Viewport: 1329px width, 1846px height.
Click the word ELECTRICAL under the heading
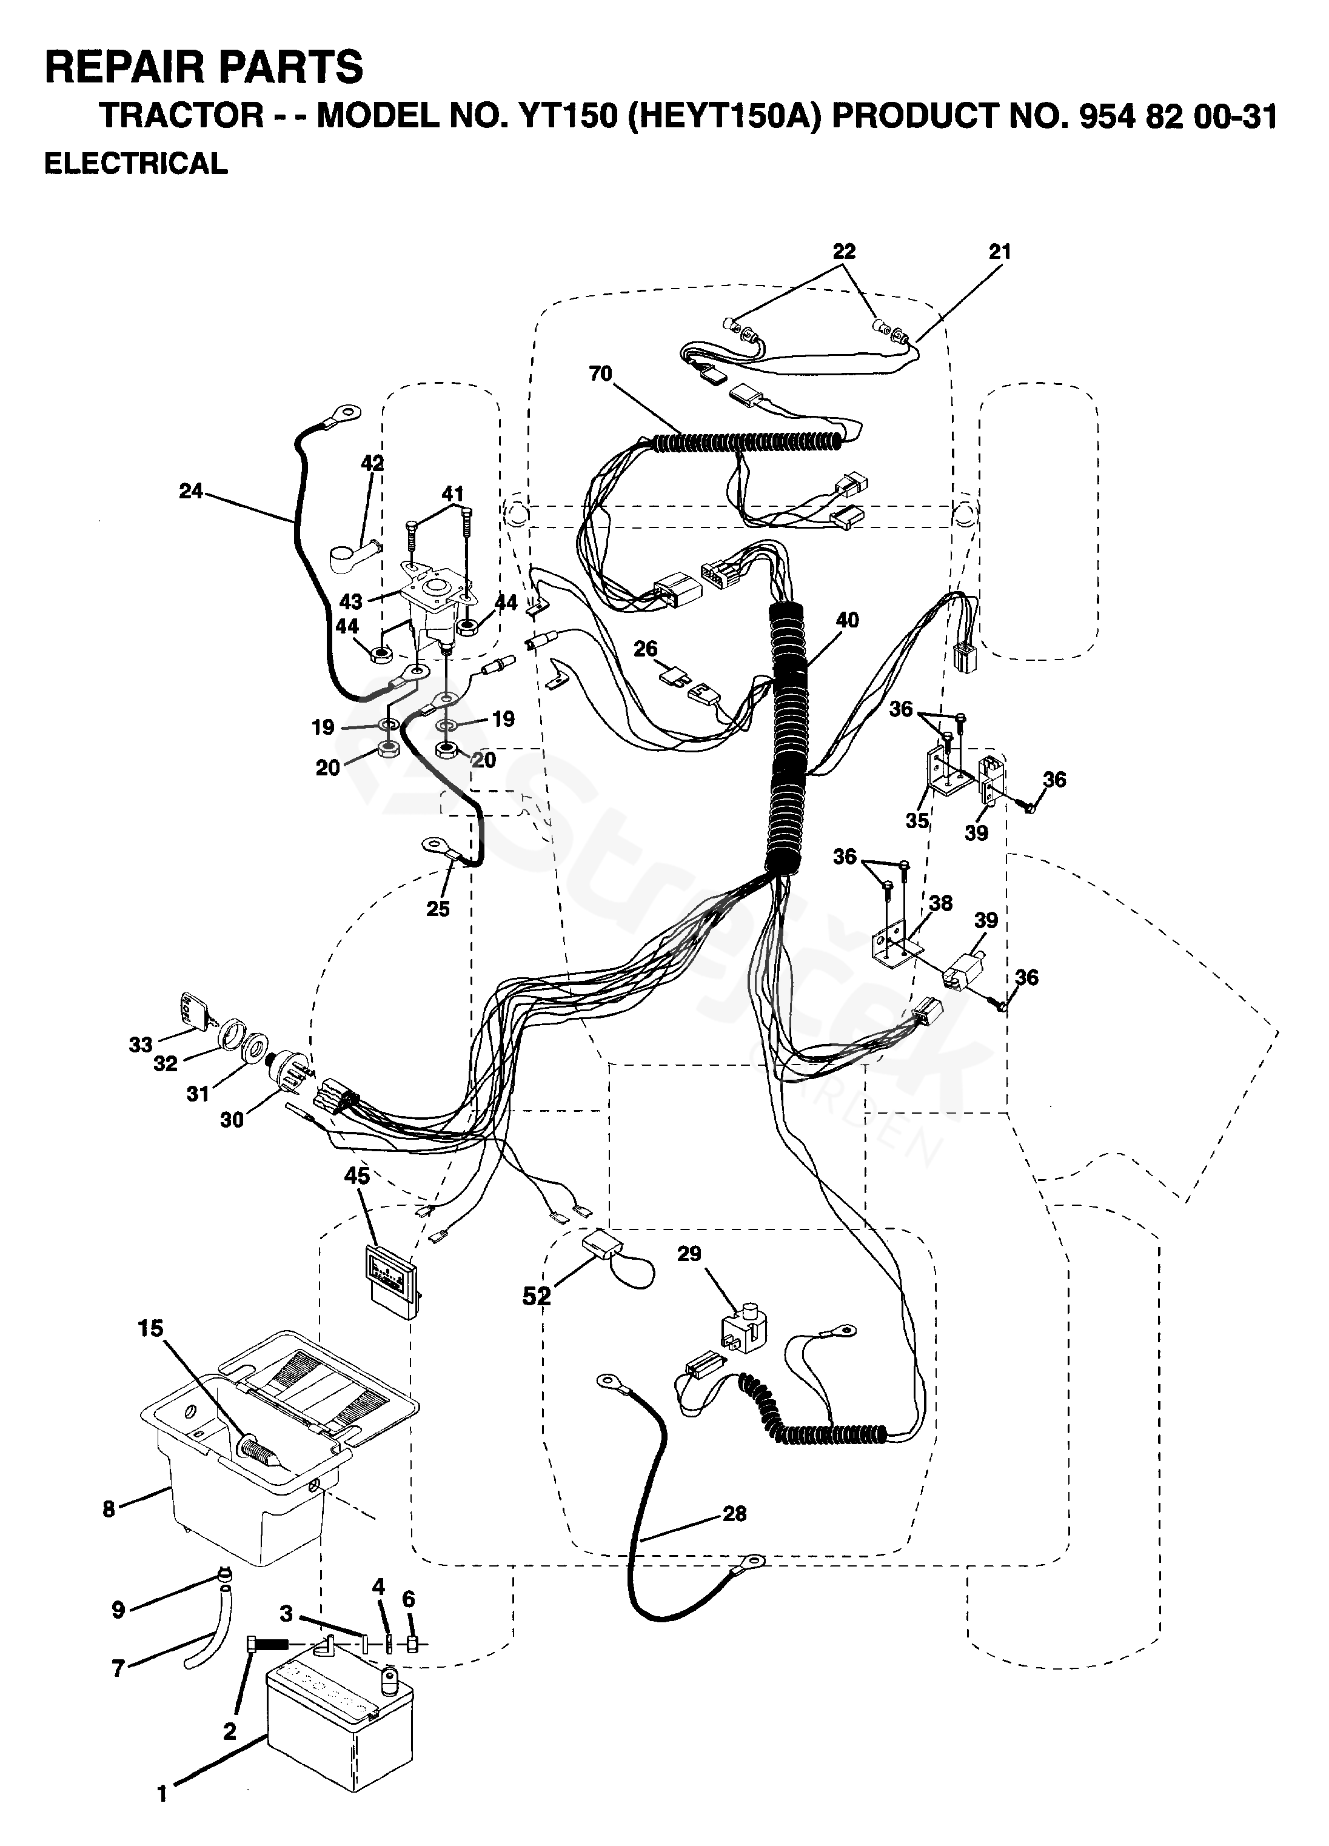136,164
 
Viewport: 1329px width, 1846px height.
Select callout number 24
190,491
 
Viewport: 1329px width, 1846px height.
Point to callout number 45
357,1175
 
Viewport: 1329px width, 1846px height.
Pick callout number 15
150,1328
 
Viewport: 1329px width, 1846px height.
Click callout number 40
847,620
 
